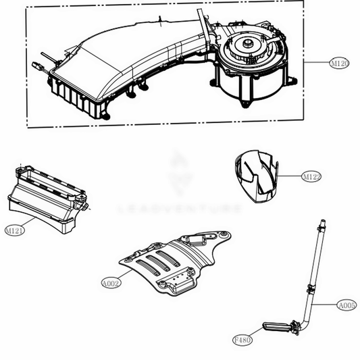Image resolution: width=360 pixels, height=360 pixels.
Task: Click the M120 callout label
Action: pyautogui.click(x=339, y=63)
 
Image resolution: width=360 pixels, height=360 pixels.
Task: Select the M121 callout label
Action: pyautogui.click(x=16, y=230)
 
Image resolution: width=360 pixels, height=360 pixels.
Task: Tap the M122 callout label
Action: pyautogui.click(x=311, y=177)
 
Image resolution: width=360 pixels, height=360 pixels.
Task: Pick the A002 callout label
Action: pyautogui.click(x=111, y=284)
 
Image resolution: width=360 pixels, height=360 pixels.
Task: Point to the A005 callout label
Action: pyautogui.click(x=346, y=305)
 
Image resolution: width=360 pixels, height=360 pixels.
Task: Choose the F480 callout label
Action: pyautogui.click(x=242, y=340)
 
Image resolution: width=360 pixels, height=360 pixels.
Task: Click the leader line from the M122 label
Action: pyautogui.click(x=289, y=176)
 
